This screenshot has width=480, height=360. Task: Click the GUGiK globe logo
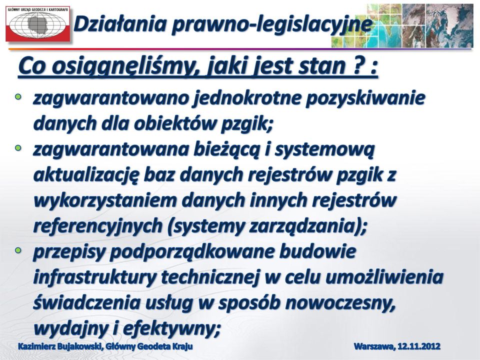37,23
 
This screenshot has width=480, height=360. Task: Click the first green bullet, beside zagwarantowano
18,97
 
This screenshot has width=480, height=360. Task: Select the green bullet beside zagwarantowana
18,148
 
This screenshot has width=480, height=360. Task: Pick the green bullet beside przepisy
18,250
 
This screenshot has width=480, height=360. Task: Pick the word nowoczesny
339,303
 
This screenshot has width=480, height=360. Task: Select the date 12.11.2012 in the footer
419,346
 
